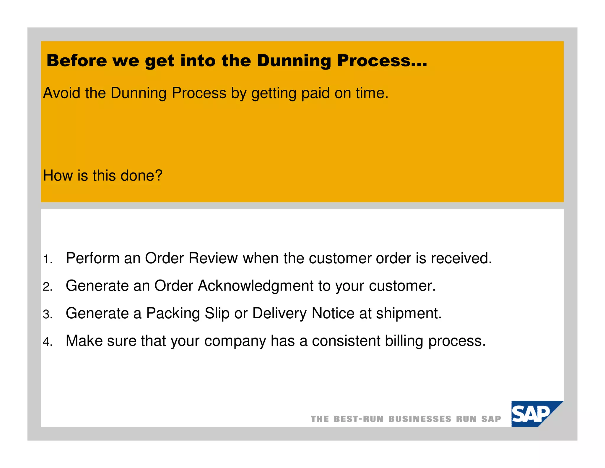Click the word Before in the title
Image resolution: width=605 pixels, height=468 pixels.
tap(77, 61)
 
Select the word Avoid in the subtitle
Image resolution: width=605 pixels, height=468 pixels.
tap(61, 93)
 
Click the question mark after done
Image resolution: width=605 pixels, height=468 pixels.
tap(159, 175)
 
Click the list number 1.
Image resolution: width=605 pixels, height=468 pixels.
tap(47, 259)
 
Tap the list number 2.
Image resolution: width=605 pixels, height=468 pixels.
tap(47, 287)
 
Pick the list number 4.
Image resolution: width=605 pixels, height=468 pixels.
tap(47, 342)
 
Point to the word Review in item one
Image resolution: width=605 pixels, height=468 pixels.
tap(213, 258)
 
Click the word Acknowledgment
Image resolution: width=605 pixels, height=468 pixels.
tap(256, 286)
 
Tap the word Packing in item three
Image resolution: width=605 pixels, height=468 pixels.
tap(173, 313)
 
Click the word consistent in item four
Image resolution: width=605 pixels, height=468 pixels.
tap(346, 341)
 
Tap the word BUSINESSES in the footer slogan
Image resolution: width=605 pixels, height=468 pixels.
tap(420, 419)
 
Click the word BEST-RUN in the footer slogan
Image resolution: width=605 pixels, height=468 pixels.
tap(359, 419)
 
